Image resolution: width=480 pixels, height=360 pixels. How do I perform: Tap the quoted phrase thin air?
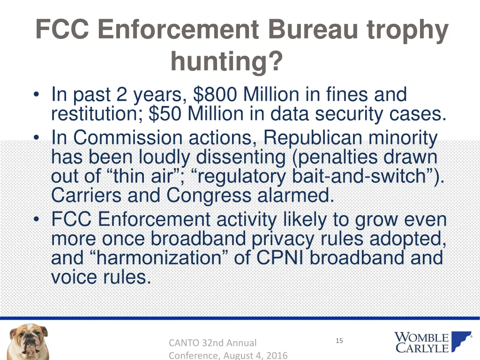coord(153,177)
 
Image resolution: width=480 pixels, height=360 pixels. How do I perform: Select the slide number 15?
coord(339,341)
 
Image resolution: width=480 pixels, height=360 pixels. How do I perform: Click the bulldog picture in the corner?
coord(28,341)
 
